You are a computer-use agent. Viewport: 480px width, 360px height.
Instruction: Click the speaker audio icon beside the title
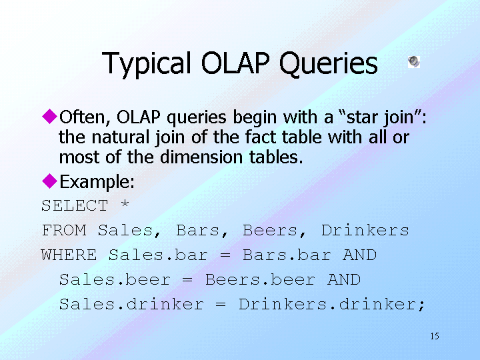(414, 62)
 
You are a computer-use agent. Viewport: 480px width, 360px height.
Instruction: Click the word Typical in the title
(147, 63)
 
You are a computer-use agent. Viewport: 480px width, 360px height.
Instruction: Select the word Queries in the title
(329, 63)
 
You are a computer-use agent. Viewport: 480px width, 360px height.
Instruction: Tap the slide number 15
(435, 336)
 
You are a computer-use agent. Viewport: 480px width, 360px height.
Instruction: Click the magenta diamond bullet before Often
(49, 116)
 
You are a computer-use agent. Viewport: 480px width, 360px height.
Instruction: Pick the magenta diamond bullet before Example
(49, 181)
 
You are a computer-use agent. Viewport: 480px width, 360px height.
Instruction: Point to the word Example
(97, 182)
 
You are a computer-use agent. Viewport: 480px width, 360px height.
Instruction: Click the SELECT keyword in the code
(75, 205)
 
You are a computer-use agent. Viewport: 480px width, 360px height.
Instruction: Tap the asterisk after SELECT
(125, 203)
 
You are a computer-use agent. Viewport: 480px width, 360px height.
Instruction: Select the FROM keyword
(64, 230)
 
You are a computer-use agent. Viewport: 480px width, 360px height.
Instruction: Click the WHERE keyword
(69, 255)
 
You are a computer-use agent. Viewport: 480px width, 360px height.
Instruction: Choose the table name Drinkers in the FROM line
(365, 230)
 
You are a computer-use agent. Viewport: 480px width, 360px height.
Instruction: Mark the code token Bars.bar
(287, 255)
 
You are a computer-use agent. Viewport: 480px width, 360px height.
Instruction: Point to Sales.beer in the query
(115, 280)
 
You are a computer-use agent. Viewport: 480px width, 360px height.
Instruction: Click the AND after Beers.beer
(344, 280)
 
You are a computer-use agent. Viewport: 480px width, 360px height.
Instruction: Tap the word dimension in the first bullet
(201, 157)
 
